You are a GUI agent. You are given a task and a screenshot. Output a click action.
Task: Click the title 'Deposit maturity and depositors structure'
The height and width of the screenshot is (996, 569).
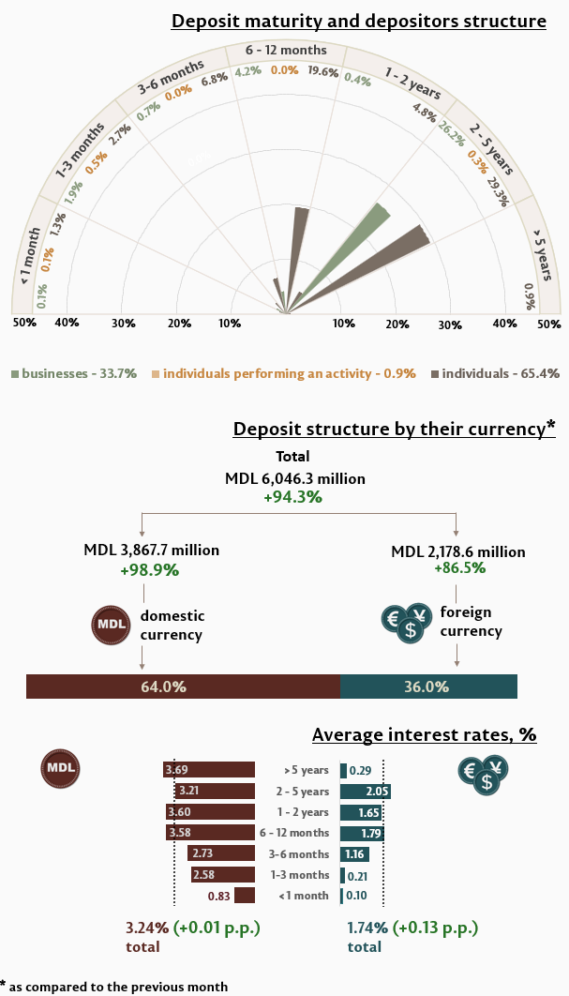(x=359, y=21)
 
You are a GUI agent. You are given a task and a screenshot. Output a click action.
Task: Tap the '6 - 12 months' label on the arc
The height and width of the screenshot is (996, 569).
(x=286, y=50)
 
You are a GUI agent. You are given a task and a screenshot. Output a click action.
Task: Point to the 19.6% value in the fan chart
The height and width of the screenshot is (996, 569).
(x=323, y=72)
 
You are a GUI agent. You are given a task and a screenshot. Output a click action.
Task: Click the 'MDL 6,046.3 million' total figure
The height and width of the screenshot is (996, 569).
(x=295, y=478)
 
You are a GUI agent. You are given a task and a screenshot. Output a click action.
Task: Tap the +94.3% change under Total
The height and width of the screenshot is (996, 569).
(x=292, y=497)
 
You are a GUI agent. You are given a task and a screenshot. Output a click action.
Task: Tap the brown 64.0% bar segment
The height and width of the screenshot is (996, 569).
(x=183, y=687)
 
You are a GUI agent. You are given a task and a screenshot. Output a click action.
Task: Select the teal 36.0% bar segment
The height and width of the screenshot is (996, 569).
(x=428, y=687)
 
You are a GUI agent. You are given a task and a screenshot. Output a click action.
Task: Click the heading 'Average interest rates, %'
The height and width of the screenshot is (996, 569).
(x=424, y=735)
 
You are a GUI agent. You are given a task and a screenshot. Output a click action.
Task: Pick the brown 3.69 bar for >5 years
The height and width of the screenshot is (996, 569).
(x=209, y=770)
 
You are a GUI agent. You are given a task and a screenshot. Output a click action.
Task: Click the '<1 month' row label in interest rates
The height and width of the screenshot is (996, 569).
(x=304, y=896)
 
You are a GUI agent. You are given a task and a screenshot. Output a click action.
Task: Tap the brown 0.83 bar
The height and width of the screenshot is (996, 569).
(x=245, y=896)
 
